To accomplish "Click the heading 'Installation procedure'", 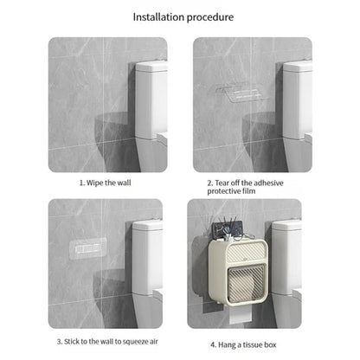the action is coord(183,17).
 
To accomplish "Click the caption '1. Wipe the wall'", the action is coord(106,183).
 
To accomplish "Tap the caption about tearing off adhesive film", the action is coord(245,187).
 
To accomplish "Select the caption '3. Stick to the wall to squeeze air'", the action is coord(107,342).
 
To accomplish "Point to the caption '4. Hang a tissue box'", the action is coord(243,344).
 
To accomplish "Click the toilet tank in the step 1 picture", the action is coord(151,100).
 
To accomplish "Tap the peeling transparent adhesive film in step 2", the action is coord(241,93).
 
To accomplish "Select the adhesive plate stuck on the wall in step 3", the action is coord(88,247).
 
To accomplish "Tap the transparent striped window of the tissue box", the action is coord(246,282).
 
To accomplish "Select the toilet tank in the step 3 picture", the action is coord(147,257).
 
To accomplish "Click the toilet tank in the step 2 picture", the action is coord(298,100).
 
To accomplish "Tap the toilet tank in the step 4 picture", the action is coord(286,257).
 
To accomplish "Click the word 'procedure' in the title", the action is coord(210,17).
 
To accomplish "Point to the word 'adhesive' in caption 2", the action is coord(268,183).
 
